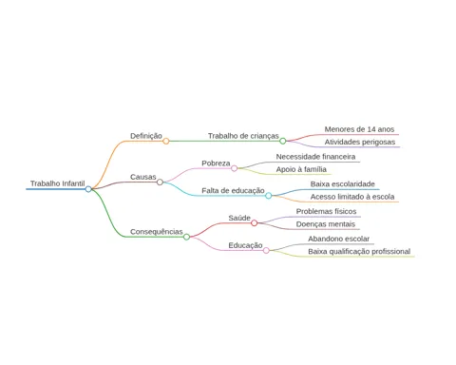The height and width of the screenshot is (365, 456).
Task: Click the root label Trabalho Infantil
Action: click(58, 183)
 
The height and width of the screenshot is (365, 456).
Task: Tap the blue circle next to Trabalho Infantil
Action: click(88, 189)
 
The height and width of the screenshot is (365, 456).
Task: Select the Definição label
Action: click(146, 136)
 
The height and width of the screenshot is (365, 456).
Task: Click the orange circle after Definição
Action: click(166, 141)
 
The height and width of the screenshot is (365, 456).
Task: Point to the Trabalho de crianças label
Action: click(243, 136)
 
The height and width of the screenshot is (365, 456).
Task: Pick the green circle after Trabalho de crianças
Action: click(283, 141)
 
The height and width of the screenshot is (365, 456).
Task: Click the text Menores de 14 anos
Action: click(359, 129)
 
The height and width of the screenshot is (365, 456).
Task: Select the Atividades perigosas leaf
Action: click(360, 142)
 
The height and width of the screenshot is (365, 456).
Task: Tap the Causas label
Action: click(143, 177)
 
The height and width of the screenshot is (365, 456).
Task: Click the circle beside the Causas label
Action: click(160, 182)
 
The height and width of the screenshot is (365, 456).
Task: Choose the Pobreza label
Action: click(216, 163)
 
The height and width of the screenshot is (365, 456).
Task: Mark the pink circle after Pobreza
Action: click(234, 168)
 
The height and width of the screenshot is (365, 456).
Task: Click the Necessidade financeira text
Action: click(315, 157)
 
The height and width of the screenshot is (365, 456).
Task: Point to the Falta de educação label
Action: click(233, 190)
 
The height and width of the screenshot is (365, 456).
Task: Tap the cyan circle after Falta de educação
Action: click(269, 196)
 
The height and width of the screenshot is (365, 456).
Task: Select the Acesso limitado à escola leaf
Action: click(352, 197)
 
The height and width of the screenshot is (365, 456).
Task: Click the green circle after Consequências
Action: click(186, 237)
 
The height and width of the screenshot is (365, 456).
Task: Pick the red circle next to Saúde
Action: click(254, 223)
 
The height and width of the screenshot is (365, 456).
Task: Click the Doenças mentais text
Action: click(326, 224)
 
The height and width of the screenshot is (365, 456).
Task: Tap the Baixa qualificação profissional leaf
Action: click(359, 252)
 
